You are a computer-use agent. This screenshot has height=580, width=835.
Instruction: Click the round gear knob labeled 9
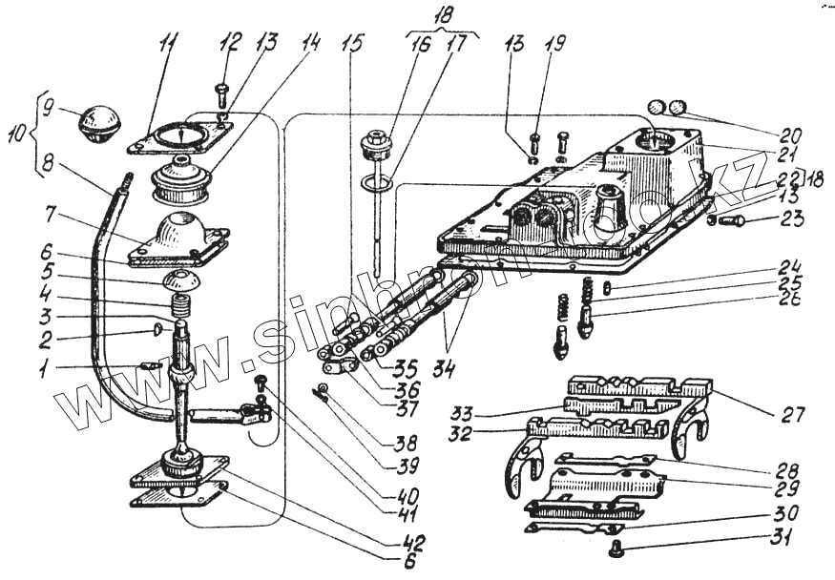98,123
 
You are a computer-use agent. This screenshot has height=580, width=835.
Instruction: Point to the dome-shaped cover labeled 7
181,236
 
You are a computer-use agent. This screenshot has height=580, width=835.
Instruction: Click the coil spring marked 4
180,307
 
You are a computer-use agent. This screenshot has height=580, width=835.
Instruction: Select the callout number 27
793,415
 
